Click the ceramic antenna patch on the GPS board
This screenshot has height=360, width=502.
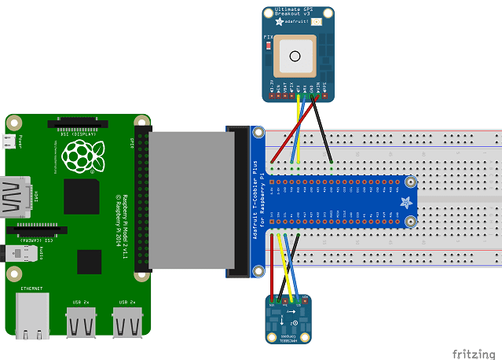click(295, 55)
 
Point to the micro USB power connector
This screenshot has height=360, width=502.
click(7, 142)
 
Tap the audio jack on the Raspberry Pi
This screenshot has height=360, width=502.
click(9, 252)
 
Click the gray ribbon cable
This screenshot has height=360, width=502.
click(189, 201)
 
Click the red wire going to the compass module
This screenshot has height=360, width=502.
click(273, 267)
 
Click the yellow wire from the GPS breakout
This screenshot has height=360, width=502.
click(297, 130)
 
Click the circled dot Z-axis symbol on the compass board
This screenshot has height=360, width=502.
click(293, 323)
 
